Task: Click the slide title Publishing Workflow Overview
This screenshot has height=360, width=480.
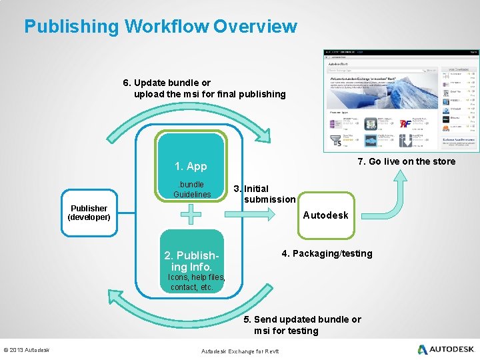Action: [161, 27]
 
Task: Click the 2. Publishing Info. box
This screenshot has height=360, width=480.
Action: [191, 261]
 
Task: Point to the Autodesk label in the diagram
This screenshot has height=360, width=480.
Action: [325, 215]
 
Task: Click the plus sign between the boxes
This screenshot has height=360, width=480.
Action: [191, 215]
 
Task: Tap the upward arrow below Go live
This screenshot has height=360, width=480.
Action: [401, 193]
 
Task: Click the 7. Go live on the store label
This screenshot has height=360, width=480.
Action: [407, 161]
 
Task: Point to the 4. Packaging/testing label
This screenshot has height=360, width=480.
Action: [327, 253]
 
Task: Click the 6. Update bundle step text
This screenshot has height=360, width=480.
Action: [204, 88]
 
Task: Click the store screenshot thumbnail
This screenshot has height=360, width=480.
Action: [400, 99]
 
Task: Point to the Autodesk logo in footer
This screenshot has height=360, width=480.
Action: [446, 349]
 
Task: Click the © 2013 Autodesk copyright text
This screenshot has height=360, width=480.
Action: [27, 350]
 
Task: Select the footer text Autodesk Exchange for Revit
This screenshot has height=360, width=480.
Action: [240, 351]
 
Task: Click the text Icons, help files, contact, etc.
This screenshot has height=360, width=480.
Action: [195, 282]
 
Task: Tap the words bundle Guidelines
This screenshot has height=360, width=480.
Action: [192, 189]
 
